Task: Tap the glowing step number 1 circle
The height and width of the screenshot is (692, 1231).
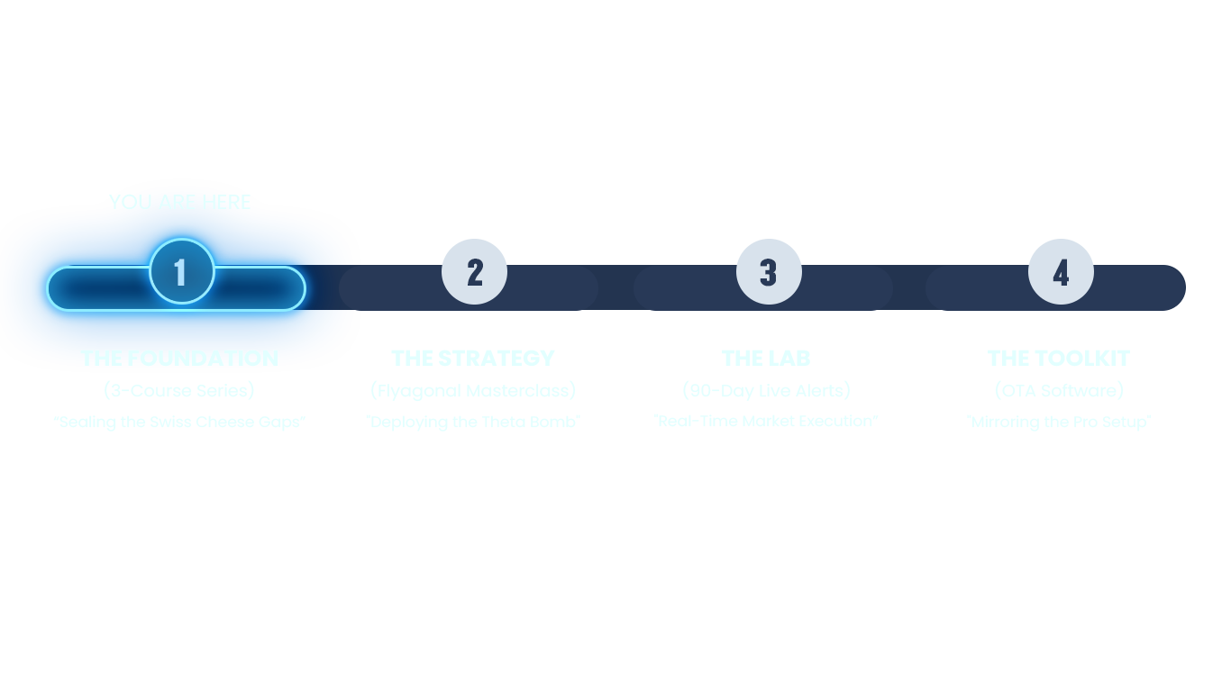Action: pos(181,271)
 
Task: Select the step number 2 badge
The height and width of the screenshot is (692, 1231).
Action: pos(475,271)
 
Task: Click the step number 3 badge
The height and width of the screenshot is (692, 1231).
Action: pos(769,271)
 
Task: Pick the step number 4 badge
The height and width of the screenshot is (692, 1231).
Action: pos(1061,271)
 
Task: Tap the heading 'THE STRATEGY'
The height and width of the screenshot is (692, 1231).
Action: pos(473,358)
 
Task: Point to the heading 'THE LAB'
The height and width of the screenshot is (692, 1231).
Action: pos(766,358)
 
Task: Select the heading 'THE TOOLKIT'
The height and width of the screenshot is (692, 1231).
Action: pos(1059,358)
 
